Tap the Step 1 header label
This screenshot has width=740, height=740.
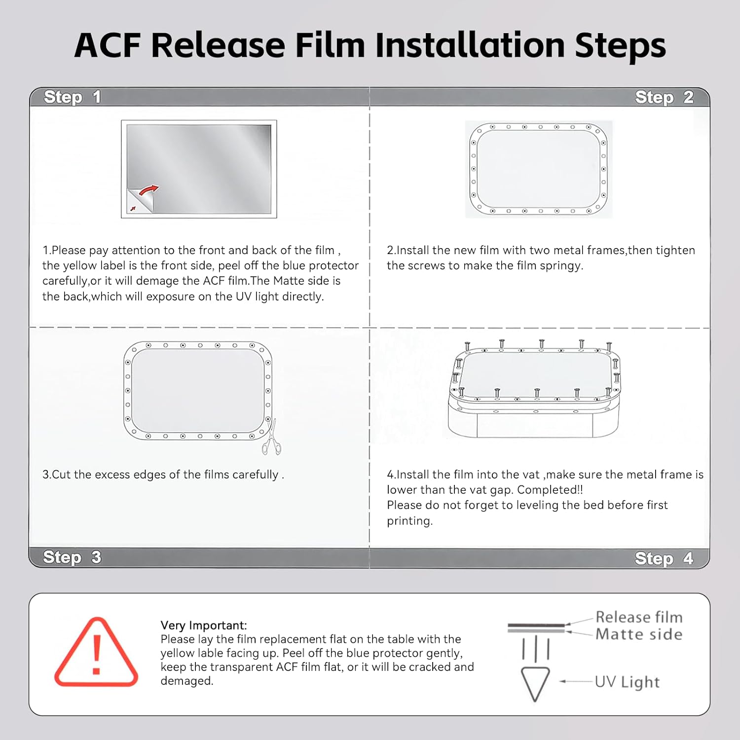(72, 97)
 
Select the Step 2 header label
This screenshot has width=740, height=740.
(664, 97)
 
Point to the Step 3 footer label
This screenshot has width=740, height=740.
(72, 557)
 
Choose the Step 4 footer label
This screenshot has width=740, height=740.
(664, 558)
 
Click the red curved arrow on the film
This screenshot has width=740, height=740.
(149, 190)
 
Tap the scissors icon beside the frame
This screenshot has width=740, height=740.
(271, 438)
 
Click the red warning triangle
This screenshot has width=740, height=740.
(96, 652)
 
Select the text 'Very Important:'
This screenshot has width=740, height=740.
(204, 625)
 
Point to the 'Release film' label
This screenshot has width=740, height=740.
(639, 617)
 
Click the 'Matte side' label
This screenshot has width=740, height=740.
(639, 634)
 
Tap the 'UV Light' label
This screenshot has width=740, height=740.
(627, 682)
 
